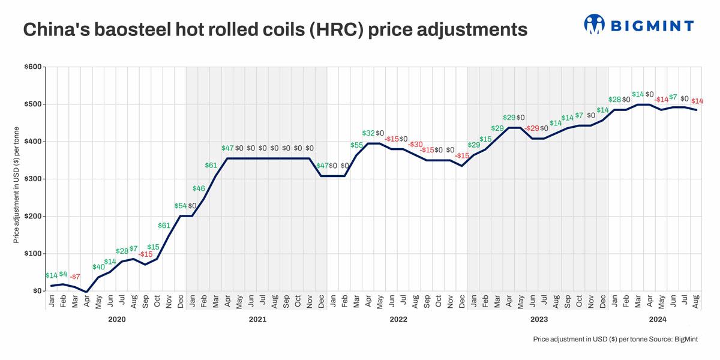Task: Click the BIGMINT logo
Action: [x=638, y=25]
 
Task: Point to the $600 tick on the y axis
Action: [x=33, y=67]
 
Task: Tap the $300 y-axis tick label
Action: [x=33, y=179]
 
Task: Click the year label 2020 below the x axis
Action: [x=116, y=319]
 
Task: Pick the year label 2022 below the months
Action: [x=398, y=319]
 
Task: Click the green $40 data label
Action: [x=98, y=267]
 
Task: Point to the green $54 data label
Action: [x=181, y=206]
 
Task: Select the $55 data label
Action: [x=356, y=145]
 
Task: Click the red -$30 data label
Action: [x=415, y=145]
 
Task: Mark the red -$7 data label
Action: [x=75, y=277]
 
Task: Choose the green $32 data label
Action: [x=368, y=133]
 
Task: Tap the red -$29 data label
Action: [x=532, y=128]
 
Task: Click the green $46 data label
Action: [x=199, y=188]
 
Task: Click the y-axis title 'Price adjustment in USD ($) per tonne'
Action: [x=16, y=184]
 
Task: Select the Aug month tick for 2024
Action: [x=696, y=302]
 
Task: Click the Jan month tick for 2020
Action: [x=52, y=302]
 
